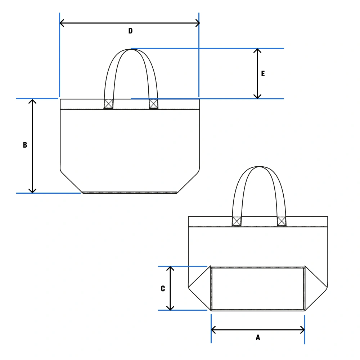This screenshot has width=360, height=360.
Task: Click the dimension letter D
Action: [130, 31]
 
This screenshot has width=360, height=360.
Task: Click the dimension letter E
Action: [263, 74]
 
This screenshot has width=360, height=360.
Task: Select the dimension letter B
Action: [25, 145]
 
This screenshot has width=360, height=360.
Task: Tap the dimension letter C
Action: [163, 289]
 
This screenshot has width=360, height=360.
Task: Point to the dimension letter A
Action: [258, 338]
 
